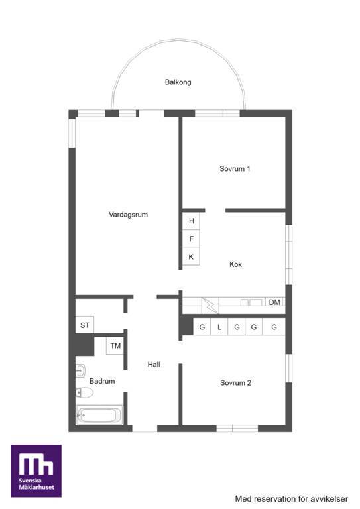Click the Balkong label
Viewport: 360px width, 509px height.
pyautogui.click(x=178, y=82)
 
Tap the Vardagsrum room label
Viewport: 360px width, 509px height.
pyautogui.click(x=128, y=215)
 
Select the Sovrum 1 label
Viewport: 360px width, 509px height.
pyautogui.click(x=235, y=169)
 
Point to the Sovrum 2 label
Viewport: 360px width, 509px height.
pyautogui.click(x=235, y=383)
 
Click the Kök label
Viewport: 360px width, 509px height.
pyautogui.click(x=235, y=264)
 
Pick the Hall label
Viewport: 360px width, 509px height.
pyautogui.click(x=154, y=365)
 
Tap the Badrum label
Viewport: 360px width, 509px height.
pyautogui.click(x=102, y=381)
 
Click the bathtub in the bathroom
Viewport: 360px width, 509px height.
pyautogui.click(x=99, y=415)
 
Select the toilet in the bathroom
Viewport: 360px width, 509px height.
pyautogui.click(x=84, y=392)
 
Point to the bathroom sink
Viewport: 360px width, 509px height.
pyautogui.click(x=80, y=370)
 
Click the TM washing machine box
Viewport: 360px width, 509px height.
pyautogui.click(x=115, y=346)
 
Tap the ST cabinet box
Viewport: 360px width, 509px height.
pyautogui.click(x=85, y=325)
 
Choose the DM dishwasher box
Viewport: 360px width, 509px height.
pyautogui.click(x=274, y=302)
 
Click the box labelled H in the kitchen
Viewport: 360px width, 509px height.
pyautogui.click(x=191, y=221)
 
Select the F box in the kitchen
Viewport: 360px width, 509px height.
pyautogui.click(x=191, y=239)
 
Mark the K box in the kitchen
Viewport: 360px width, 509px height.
pyautogui.click(x=191, y=256)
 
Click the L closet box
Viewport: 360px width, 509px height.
pyautogui.click(x=219, y=327)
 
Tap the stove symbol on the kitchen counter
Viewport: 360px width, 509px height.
pyautogui.click(x=210, y=306)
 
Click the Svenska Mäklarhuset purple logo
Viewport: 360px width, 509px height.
pyautogui.click(x=36, y=471)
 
